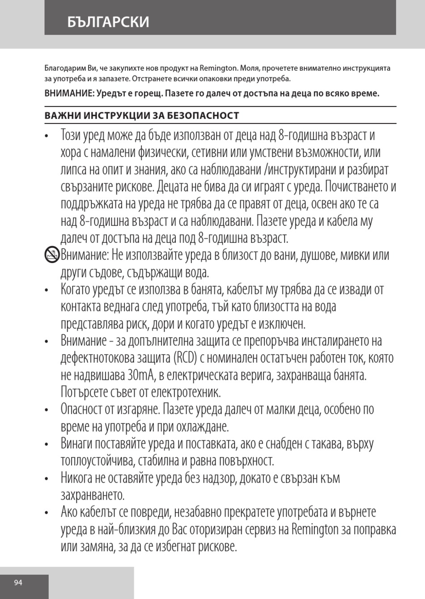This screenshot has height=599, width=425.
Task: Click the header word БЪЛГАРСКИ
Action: pos(108,21)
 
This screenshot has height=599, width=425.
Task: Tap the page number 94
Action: pos(18,582)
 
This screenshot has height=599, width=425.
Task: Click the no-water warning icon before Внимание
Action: pos(52,255)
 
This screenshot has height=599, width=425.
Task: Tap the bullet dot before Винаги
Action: pos(46,445)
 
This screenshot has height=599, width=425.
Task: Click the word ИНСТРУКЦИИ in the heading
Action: pos(120,115)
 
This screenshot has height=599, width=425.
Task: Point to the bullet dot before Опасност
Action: pos(46,410)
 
